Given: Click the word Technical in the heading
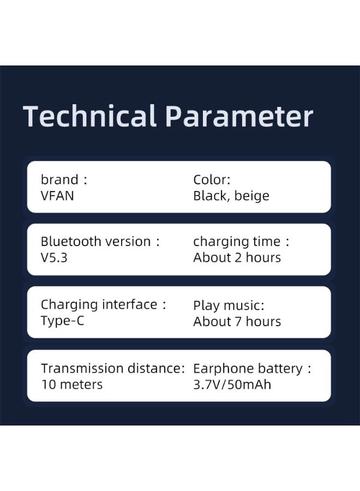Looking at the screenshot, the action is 90,116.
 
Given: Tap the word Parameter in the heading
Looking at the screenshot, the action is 239,116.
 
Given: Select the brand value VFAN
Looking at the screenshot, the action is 57,196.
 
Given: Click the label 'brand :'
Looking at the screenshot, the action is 64,179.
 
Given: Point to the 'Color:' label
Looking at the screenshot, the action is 212,179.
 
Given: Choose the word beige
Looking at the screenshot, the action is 251,196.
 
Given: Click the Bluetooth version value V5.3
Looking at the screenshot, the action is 54,258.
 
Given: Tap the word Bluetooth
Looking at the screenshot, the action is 67,242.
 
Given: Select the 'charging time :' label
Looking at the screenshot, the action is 241,242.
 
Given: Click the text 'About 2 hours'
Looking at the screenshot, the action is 237,258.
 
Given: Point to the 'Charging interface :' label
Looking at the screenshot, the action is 103,304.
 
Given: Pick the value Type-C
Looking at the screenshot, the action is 63,321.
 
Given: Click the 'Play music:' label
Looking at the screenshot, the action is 229,306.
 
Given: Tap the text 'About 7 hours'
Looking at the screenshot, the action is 237,321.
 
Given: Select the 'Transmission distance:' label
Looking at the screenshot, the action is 113,369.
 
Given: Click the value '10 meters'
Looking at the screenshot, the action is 72,385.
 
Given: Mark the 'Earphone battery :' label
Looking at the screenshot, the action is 252,369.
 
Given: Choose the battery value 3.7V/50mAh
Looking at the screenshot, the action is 232,385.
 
